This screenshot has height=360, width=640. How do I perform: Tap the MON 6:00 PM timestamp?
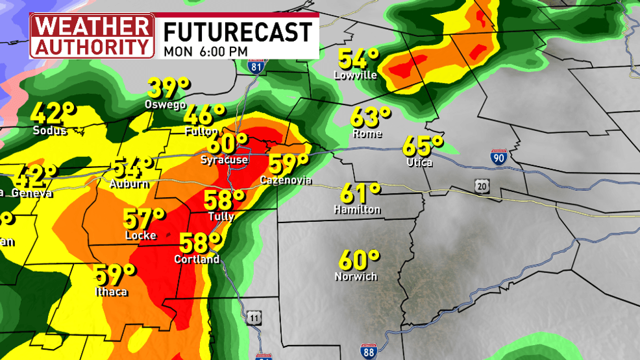click(205, 50)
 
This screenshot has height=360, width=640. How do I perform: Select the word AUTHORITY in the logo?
click(92, 47)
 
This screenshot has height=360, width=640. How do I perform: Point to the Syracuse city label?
click(224, 160)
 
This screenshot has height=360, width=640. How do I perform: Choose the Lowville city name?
click(355, 75)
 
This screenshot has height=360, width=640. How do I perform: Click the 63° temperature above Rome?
click(371, 117)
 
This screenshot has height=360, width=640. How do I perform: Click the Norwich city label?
click(356, 276)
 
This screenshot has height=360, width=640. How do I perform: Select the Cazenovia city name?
click(286, 180)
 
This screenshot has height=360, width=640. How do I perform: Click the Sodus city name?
click(50, 130)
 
